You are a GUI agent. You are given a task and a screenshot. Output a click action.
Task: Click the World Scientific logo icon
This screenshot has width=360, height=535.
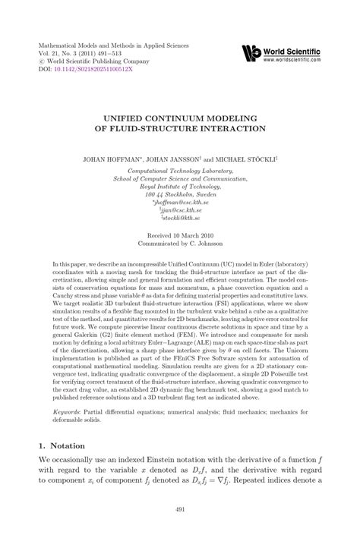pyautogui.click(x=252, y=53)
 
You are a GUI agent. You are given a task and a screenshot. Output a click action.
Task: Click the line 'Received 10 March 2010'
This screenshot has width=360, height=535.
pyautogui.click(x=180, y=235)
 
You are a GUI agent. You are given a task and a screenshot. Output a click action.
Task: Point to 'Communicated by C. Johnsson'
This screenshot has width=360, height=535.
pyautogui.click(x=180, y=244)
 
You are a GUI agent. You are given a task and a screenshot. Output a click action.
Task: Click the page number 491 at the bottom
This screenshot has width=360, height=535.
pyautogui.click(x=180, y=510)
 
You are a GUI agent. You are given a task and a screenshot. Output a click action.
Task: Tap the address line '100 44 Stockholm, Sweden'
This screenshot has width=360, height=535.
pyautogui.click(x=180, y=194)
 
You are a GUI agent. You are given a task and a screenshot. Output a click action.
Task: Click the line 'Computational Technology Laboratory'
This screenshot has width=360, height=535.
pyautogui.click(x=180, y=171)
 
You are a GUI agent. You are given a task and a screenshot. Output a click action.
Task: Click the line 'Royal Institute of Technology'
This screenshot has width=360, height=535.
pyautogui.click(x=180, y=187)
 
